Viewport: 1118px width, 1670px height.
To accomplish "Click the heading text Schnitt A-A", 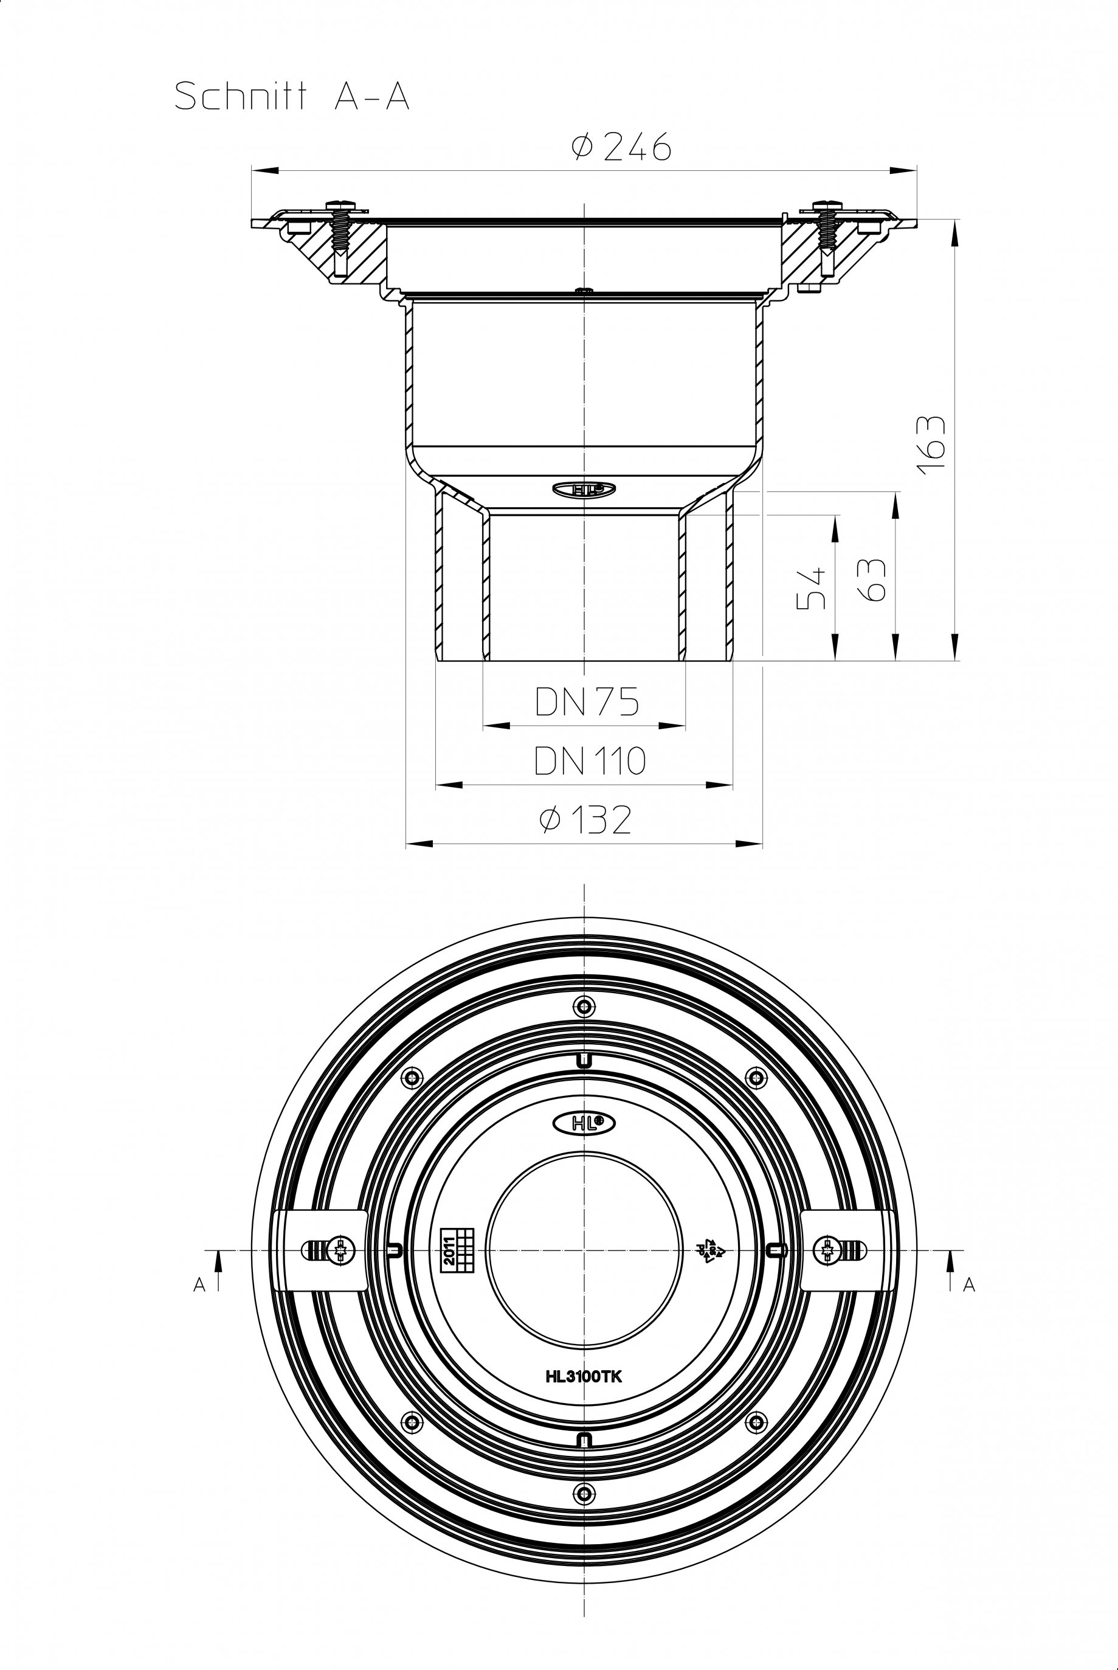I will coord(292,97).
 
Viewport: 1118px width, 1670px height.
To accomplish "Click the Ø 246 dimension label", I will coord(621,147).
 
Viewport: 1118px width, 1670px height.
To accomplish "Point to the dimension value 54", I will coord(812,587).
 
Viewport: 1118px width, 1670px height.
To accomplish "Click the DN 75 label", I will coord(587,702).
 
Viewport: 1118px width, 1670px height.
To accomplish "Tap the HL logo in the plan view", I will coord(584,1123).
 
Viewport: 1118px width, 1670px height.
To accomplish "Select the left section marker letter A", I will coord(199,1284).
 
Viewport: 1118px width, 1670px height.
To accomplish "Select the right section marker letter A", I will coord(968,1284).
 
